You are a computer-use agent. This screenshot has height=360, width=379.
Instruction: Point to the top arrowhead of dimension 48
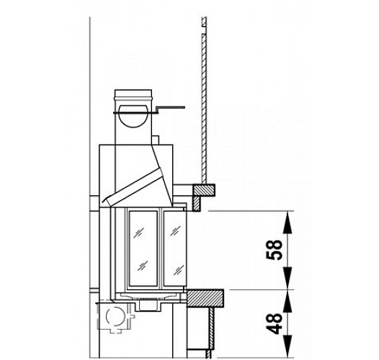[288, 297]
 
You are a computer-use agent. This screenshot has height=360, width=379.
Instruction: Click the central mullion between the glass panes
[161, 245]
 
